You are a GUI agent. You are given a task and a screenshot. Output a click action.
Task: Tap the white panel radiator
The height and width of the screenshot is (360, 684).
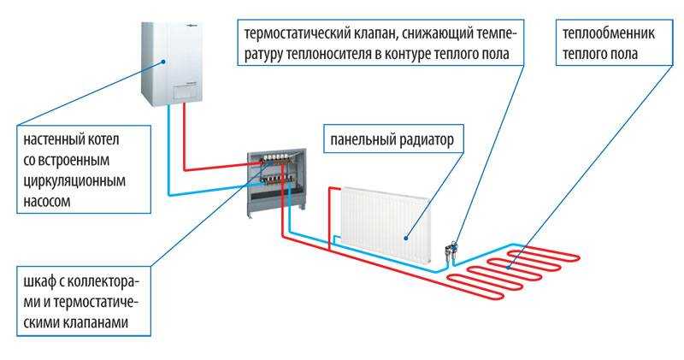386,225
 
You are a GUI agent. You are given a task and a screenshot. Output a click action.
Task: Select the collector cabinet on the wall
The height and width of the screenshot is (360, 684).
276,183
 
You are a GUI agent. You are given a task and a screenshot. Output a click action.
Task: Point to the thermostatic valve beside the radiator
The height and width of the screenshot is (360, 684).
451,251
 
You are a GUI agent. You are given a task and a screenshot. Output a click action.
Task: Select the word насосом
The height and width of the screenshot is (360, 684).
47,201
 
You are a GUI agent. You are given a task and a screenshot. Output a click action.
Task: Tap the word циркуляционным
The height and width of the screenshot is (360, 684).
74,180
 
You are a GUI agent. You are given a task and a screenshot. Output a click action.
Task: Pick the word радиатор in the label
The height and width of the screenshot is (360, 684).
426,140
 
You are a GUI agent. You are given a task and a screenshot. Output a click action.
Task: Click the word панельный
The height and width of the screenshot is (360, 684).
362,140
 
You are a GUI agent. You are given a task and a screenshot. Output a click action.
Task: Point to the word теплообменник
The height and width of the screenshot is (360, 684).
609,33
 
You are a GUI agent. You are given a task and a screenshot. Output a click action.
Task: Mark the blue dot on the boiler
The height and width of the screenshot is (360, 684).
163,62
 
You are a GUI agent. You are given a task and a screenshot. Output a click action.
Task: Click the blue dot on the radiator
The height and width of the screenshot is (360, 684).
405,239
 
